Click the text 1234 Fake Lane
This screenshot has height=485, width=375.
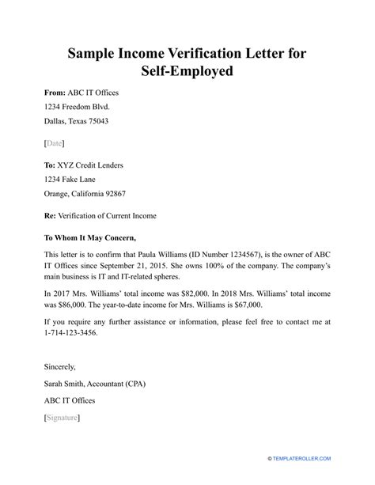click(62, 180)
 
